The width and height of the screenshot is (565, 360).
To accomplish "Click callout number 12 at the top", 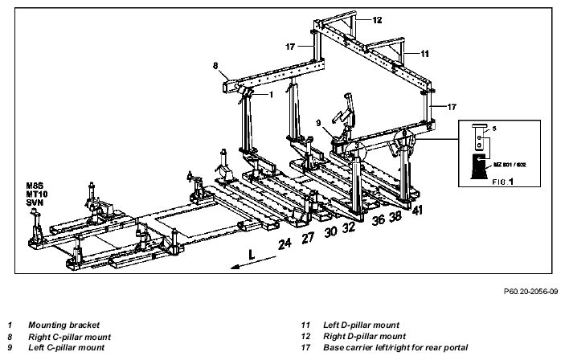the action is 377,20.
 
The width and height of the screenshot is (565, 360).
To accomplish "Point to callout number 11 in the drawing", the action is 425,54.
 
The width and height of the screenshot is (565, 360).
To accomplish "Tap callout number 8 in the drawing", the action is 215,66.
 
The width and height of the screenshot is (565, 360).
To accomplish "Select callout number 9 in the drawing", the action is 318,123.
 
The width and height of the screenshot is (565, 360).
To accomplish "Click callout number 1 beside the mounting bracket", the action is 271,94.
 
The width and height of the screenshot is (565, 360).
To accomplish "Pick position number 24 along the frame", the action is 285,243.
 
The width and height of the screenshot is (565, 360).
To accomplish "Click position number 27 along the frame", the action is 308,238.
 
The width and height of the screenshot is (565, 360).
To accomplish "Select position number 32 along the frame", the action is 349,227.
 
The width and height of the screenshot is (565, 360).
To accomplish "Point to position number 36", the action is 378,219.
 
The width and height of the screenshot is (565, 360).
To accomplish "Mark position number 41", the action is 417,210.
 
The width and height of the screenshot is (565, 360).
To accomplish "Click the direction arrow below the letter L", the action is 253,262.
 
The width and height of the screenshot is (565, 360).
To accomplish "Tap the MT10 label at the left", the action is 37,194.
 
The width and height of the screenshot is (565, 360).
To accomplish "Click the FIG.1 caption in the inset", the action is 502,182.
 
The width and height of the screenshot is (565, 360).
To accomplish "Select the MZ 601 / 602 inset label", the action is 510,165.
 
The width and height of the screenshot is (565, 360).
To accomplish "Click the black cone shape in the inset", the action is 481,166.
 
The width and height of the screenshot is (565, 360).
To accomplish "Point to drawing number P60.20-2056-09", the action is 530,291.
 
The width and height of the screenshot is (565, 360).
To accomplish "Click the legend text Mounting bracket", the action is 63,325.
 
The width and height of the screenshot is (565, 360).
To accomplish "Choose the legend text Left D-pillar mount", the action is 361,325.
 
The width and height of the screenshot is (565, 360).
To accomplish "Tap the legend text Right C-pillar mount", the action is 70,337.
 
